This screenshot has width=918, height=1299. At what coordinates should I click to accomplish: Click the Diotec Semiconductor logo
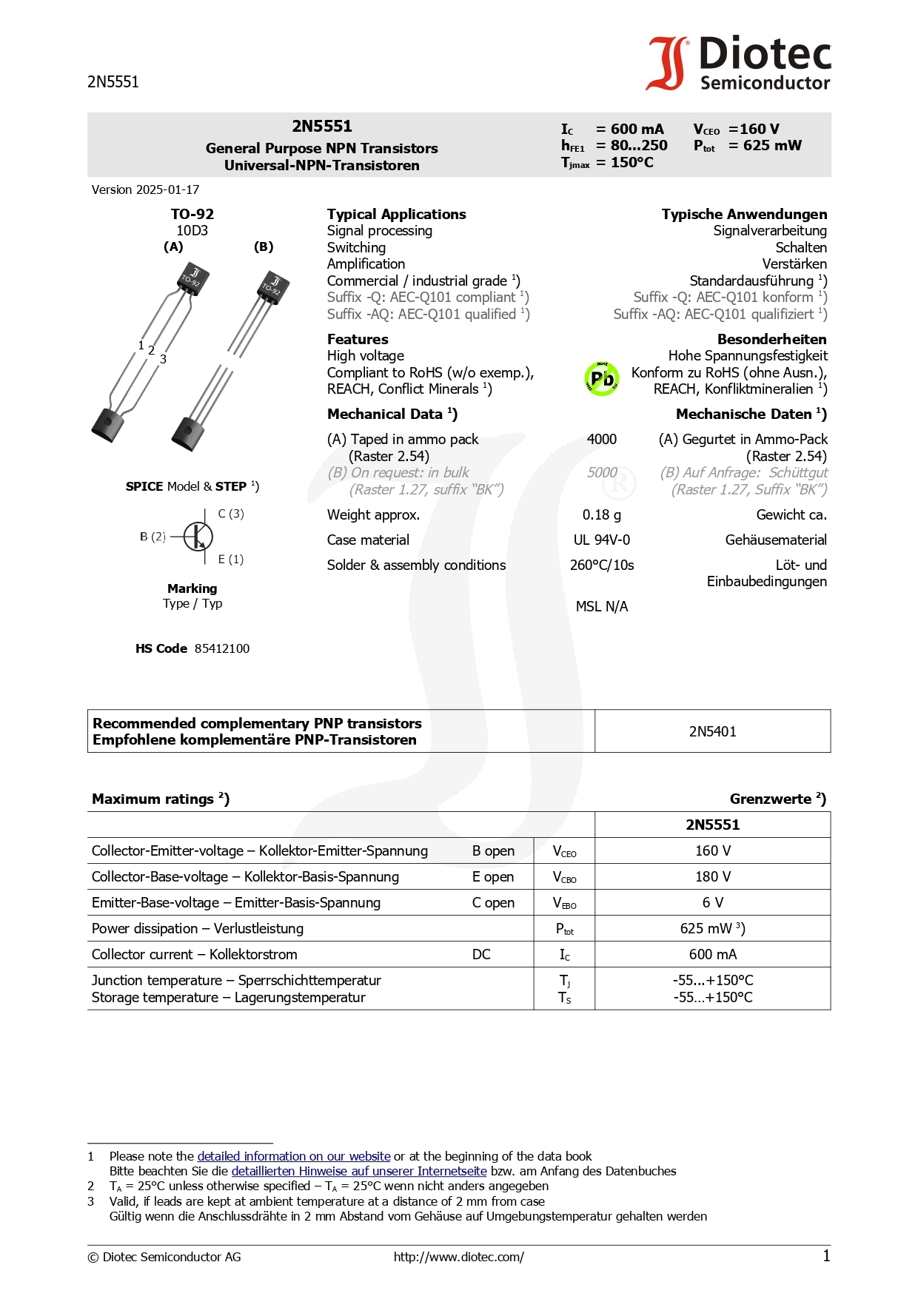[739, 64]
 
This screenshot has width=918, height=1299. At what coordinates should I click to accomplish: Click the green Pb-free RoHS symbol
[602, 379]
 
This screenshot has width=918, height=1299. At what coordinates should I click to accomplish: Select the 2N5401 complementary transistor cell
[712, 732]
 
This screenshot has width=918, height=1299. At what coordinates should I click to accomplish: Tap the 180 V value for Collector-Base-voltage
[712, 877]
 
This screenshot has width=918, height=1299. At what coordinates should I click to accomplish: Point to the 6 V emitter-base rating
[712, 903]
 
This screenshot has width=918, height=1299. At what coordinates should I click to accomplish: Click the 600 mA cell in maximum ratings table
[712, 955]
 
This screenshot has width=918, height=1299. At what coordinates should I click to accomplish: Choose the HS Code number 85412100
[222, 649]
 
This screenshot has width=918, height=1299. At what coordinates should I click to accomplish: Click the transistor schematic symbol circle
[198, 537]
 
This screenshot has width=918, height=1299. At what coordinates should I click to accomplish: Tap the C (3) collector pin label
[231, 514]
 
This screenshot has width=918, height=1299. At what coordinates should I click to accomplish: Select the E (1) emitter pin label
[231, 560]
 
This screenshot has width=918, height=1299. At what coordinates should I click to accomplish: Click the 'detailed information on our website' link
[294, 1157]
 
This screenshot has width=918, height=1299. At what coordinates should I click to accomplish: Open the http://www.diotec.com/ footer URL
[458, 1257]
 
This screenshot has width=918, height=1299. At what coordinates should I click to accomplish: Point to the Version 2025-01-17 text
[145, 190]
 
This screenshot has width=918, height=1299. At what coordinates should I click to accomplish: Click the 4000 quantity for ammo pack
[601, 440]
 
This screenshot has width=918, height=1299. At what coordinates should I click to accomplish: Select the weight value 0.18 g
[601, 515]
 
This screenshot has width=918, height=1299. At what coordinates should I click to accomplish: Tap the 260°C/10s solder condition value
[601, 565]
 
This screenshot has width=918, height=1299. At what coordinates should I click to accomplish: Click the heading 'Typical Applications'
[396, 215]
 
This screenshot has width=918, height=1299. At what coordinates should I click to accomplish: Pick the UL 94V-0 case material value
[601, 540]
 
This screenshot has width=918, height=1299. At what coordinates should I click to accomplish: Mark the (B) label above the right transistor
[264, 247]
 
